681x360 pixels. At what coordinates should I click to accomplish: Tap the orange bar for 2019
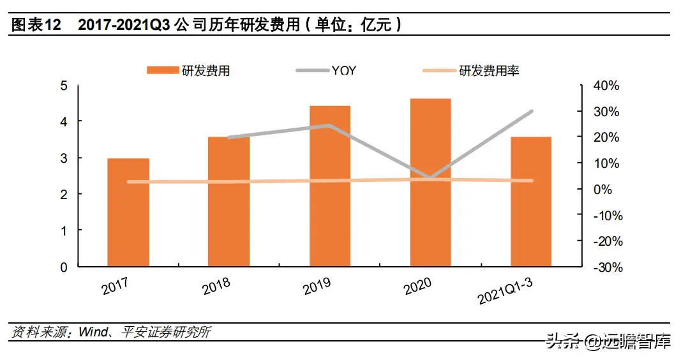point(330,186)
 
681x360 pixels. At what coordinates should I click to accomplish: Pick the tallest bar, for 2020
point(430,183)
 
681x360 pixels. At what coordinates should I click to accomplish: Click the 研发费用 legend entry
point(188,71)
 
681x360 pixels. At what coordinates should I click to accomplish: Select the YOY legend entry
point(326,71)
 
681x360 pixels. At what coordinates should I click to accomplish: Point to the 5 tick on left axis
point(63,86)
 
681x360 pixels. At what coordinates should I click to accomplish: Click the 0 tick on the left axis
point(63,267)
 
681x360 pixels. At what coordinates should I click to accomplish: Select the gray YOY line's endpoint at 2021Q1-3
point(531,112)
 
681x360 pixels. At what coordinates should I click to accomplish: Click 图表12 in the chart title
point(36,26)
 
